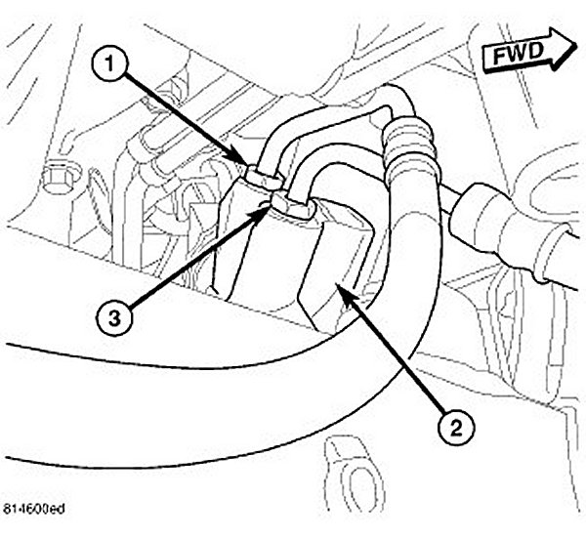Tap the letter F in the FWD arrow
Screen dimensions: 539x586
[x=498, y=60]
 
